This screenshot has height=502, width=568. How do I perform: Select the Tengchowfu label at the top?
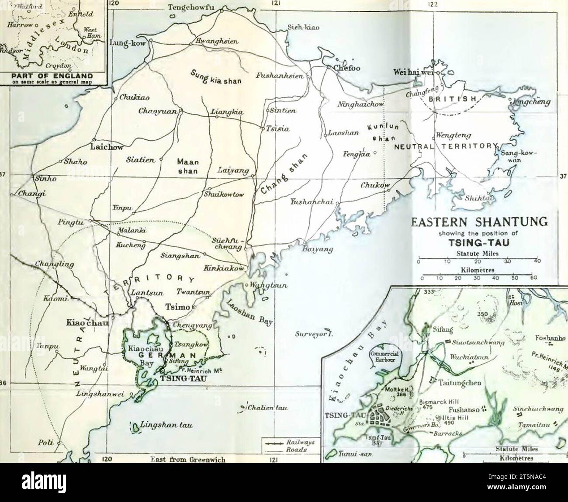point(194,7)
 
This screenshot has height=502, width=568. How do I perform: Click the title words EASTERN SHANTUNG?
point(479,222)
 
